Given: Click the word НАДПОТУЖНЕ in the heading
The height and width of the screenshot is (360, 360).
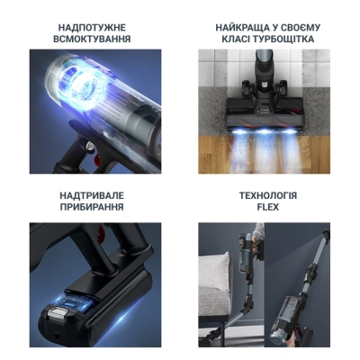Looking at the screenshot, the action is pos(92,28).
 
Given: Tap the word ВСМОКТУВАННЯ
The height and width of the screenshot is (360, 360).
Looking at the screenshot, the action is pos(92,39).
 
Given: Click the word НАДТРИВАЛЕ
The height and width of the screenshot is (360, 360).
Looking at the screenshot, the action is pos(92,195).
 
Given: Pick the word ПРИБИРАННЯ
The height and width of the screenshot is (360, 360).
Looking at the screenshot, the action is pos(92,207).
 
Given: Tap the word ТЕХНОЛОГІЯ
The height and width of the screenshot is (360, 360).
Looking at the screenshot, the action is pos(268,195).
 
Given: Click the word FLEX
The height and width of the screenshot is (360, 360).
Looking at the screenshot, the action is pos(268,207).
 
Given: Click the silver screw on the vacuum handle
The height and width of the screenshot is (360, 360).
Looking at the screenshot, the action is pos(88,146).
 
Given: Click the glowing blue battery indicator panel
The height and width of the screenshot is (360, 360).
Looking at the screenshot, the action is pos(78,303).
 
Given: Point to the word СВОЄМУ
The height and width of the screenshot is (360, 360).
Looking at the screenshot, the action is pos(301,28).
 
